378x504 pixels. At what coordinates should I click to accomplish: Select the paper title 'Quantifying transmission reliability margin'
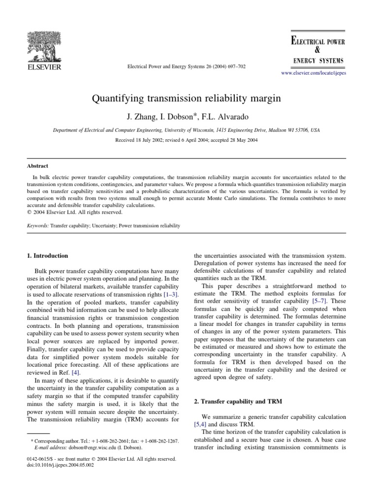pyautogui.click(x=186, y=98)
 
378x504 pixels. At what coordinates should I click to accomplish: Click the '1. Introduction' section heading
pyautogui.click(x=47, y=255)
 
